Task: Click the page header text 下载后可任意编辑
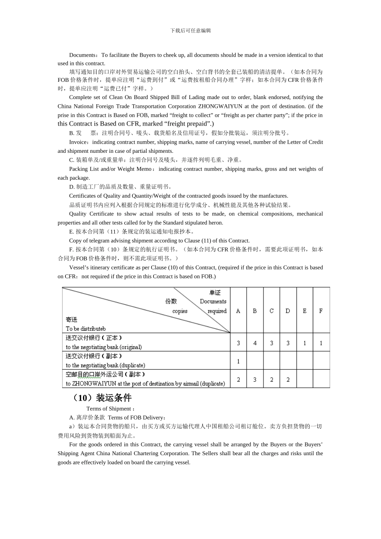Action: point(190,30)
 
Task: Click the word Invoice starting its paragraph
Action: point(78,142)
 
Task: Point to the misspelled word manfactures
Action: point(273,196)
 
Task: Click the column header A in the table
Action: point(238,311)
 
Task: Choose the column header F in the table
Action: point(321,311)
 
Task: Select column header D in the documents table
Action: point(288,311)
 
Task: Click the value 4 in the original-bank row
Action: point(255,343)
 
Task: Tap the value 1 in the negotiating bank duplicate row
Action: point(238,361)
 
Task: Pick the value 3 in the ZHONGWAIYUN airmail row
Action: point(255,379)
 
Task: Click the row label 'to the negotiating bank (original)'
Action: point(104,347)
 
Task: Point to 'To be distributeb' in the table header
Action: point(85,328)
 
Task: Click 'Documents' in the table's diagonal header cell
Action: point(213,302)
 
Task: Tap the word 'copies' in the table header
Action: point(180,311)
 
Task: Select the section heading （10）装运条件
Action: point(100,398)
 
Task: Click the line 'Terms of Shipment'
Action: point(109,409)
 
